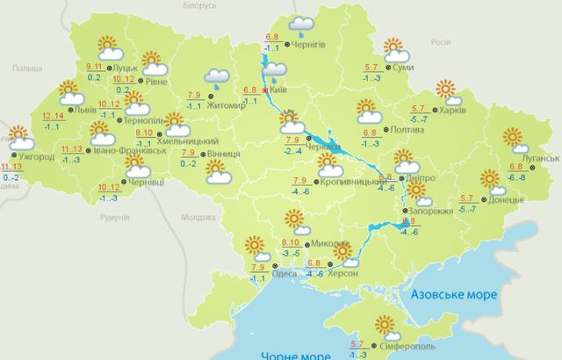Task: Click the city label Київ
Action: (281, 90)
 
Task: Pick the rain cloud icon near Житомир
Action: (217, 79)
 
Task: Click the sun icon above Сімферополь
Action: (383, 326)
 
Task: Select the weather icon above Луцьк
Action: (107, 47)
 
